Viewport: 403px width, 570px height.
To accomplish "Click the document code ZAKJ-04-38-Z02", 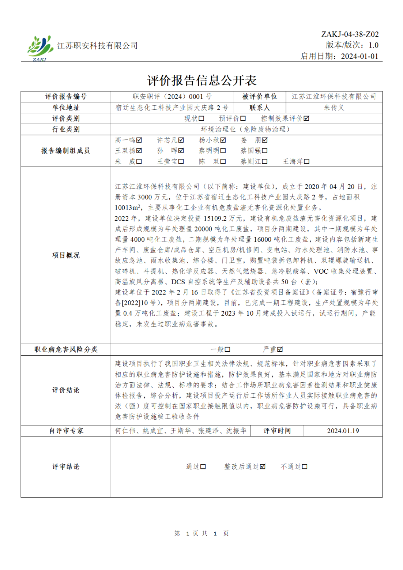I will pos(350,34).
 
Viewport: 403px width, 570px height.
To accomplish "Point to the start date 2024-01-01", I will pos(359,56).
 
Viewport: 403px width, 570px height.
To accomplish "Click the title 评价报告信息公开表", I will pos(201,80).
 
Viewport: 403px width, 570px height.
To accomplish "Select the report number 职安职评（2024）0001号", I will pos(172,97).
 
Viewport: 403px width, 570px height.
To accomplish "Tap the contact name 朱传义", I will pos(334,108).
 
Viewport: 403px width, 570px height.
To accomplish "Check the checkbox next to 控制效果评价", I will pos(306,119).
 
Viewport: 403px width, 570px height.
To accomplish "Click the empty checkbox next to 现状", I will pos(201,119).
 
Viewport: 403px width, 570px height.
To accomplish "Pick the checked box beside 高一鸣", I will pos(139,140).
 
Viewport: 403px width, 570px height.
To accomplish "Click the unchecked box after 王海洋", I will pos(306,161).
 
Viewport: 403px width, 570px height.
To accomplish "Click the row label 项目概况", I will pos(66,255).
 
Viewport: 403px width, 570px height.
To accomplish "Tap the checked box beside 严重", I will pos(280,349).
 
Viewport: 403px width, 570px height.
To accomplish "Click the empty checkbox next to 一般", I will pos(227,349).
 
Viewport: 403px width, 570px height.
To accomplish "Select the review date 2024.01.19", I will pos(343,431).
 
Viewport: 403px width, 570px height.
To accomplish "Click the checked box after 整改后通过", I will pos(263,466).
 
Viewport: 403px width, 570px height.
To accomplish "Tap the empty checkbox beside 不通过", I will pos(305,466).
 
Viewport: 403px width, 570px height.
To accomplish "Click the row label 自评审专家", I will pos(66,431).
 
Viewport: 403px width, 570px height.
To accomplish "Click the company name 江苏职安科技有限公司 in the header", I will pos(97,46).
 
